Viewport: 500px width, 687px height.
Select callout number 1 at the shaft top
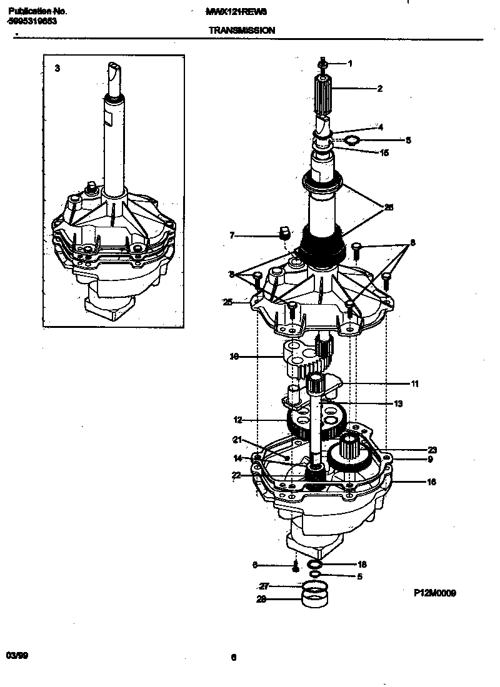350,64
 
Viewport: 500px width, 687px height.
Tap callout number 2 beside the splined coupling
379,89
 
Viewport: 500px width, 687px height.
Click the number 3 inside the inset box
57,68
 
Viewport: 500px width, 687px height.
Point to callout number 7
232,235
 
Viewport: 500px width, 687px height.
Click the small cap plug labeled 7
283,234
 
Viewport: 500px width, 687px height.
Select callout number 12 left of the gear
237,420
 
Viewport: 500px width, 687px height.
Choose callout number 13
398,403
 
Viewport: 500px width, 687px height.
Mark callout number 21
237,439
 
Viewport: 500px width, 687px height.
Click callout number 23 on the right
432,450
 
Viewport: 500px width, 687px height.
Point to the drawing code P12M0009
434,593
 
